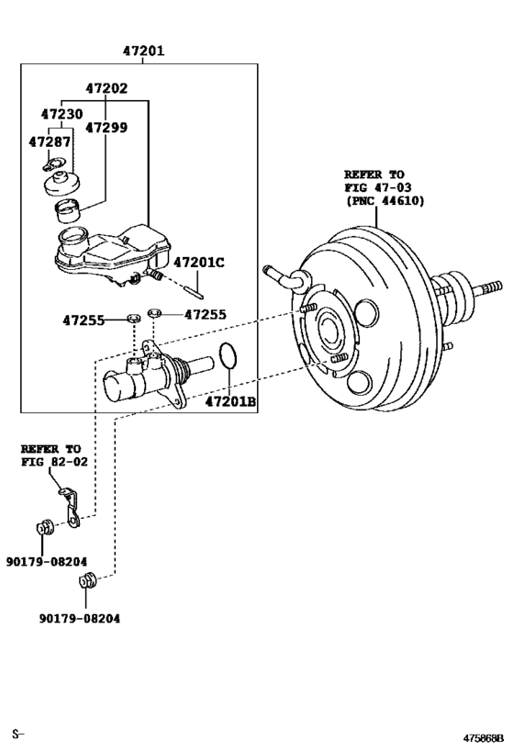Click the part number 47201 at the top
[x=143, y=51]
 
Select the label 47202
[x=106, y=89]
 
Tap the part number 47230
[x=61, y=115]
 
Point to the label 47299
[x=106, y=128]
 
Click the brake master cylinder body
[x=147, y=377]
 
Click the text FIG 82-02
[x=54, y=461]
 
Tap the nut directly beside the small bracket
[x=41, y=528]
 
